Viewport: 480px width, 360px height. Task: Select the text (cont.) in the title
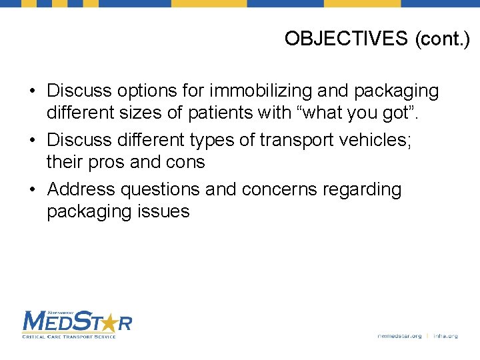point(442,39)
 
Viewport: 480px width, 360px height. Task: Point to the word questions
point(160,190)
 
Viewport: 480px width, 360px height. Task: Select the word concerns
point(282,190)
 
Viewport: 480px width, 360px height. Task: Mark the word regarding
point(364,190)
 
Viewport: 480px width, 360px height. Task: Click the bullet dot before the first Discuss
point(33,91)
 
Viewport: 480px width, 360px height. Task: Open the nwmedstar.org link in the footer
point(399,336)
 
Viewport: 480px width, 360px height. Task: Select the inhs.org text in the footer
point(445,336)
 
